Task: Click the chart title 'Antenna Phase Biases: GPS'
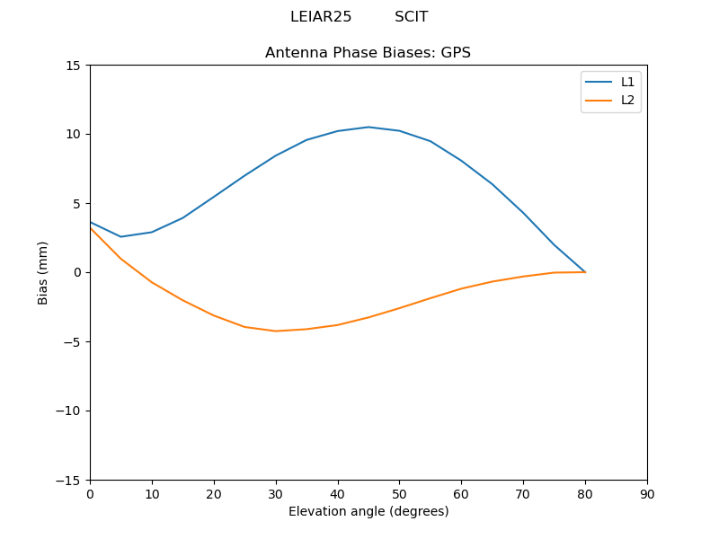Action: (x=368, y=53)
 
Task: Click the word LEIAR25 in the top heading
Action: (x=321, y=17)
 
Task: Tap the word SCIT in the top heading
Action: (x=411, y=17)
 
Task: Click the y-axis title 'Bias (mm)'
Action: (x=43, y=272)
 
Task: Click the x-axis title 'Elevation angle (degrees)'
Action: (x=368, y=511)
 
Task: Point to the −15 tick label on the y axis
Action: (x=69, y=480)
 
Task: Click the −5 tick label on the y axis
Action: (x=72, y=341)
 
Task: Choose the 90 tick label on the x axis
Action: (x=646, y=494)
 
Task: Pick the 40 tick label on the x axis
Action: (x=337, y=494)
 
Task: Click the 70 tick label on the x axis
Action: (x=523, y=494)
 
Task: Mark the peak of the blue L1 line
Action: (x=368, y=127)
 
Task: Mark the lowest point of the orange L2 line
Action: (x=275, y=331)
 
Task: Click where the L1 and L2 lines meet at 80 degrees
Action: (x=585, y=271)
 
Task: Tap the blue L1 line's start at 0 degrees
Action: (x=91, y=222)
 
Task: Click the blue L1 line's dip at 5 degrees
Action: (x=121, y=237)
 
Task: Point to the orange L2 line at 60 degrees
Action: (x=461, y=288)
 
